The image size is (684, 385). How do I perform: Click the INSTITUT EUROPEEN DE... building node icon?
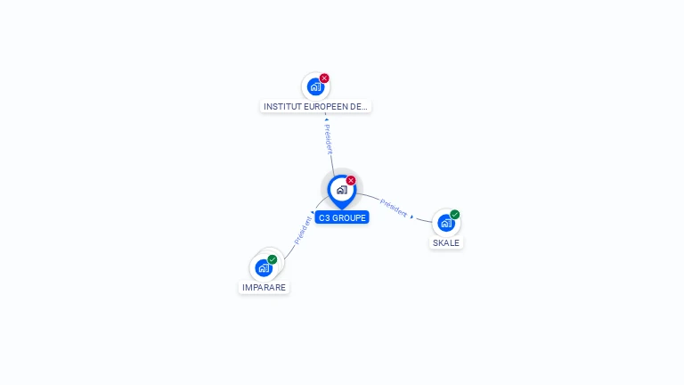point(314,86)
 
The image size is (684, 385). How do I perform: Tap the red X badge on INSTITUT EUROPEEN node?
point(324,78)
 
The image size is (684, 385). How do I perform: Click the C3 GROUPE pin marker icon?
point(341,190)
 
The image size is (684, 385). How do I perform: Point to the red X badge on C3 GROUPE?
point(351,180)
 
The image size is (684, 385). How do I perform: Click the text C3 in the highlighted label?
point(324,217)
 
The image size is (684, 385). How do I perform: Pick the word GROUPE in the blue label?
point(348,217)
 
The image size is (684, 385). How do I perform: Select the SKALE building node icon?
point(445,223)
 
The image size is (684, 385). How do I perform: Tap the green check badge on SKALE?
point(455,214)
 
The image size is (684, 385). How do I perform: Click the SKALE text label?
point(446,242)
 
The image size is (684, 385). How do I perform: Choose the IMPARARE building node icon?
point(263,267)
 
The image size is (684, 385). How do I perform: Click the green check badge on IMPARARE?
point(273,259)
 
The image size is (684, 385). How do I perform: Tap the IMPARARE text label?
point(264,288)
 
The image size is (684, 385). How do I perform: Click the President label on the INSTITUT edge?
point(329,139)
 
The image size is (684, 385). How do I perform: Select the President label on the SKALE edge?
point(393,207)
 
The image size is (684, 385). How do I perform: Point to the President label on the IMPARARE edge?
point(302,230)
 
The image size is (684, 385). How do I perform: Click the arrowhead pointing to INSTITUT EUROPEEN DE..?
point(326,119)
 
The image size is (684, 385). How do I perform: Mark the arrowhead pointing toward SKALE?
point(411,216)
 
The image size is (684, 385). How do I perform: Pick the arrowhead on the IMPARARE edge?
point(312,213)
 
